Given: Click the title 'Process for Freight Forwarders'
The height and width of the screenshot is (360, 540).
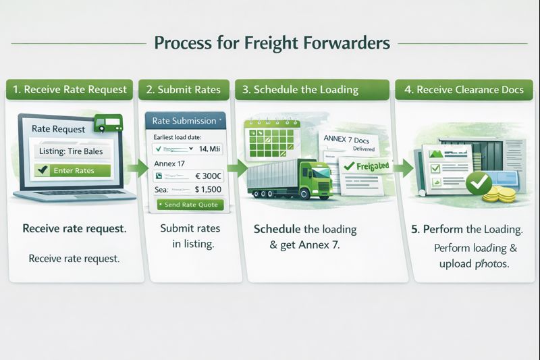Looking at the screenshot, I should click(271, 43).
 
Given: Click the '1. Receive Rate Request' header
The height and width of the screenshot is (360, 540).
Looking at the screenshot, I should click(70, 90).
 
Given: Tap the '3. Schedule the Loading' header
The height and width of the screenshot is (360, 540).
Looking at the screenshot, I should click(310, 90).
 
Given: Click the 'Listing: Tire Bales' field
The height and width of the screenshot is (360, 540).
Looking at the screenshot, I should click(71, 151).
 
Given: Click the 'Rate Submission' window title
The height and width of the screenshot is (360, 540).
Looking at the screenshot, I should click(183, 121).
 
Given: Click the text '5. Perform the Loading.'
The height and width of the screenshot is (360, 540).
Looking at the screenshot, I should click(467, 230).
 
